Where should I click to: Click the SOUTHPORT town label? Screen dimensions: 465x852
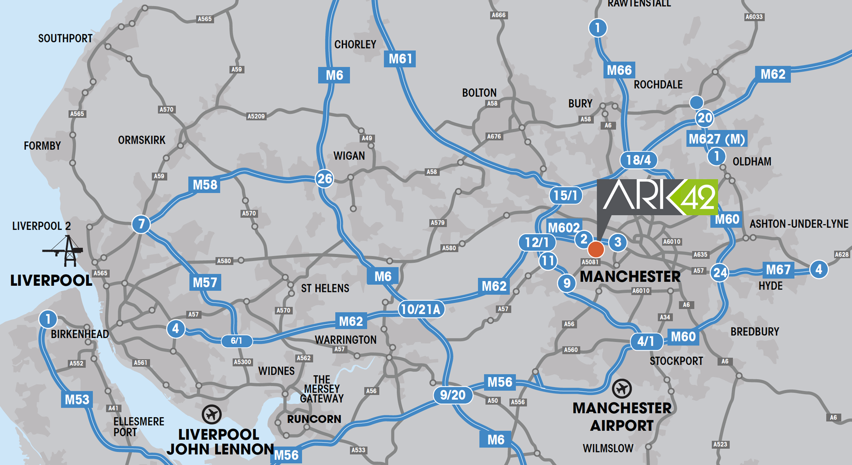pos(65,38)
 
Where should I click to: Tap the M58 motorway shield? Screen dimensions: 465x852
pos(205,184)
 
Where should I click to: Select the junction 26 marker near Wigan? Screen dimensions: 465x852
pos(325,179)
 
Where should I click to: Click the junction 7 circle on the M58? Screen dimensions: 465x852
pos(141,224)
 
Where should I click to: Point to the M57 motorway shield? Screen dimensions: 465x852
pos(205,283)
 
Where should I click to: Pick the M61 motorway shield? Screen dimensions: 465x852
pos(400,59)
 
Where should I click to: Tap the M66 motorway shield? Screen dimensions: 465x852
pos(619,71)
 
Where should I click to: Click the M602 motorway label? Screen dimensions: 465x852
pos(563,228)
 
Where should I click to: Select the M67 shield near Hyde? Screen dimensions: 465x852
pos(778,270)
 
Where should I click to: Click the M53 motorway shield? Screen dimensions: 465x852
pos(77,400)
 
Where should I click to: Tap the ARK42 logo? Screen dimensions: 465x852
pos(658,197)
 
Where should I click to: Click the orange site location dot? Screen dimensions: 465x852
pos(596,249)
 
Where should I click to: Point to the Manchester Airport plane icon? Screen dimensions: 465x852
pos(621,389)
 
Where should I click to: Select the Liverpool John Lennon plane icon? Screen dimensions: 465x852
pos(212,414)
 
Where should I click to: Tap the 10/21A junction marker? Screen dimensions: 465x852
pos(421,310)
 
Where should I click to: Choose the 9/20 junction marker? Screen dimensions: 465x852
pos(453,395)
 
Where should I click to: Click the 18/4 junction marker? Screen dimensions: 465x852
pos(639,160)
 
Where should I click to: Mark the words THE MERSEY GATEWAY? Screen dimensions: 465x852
pos(322,389)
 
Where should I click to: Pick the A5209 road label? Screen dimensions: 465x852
pos(256,116)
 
